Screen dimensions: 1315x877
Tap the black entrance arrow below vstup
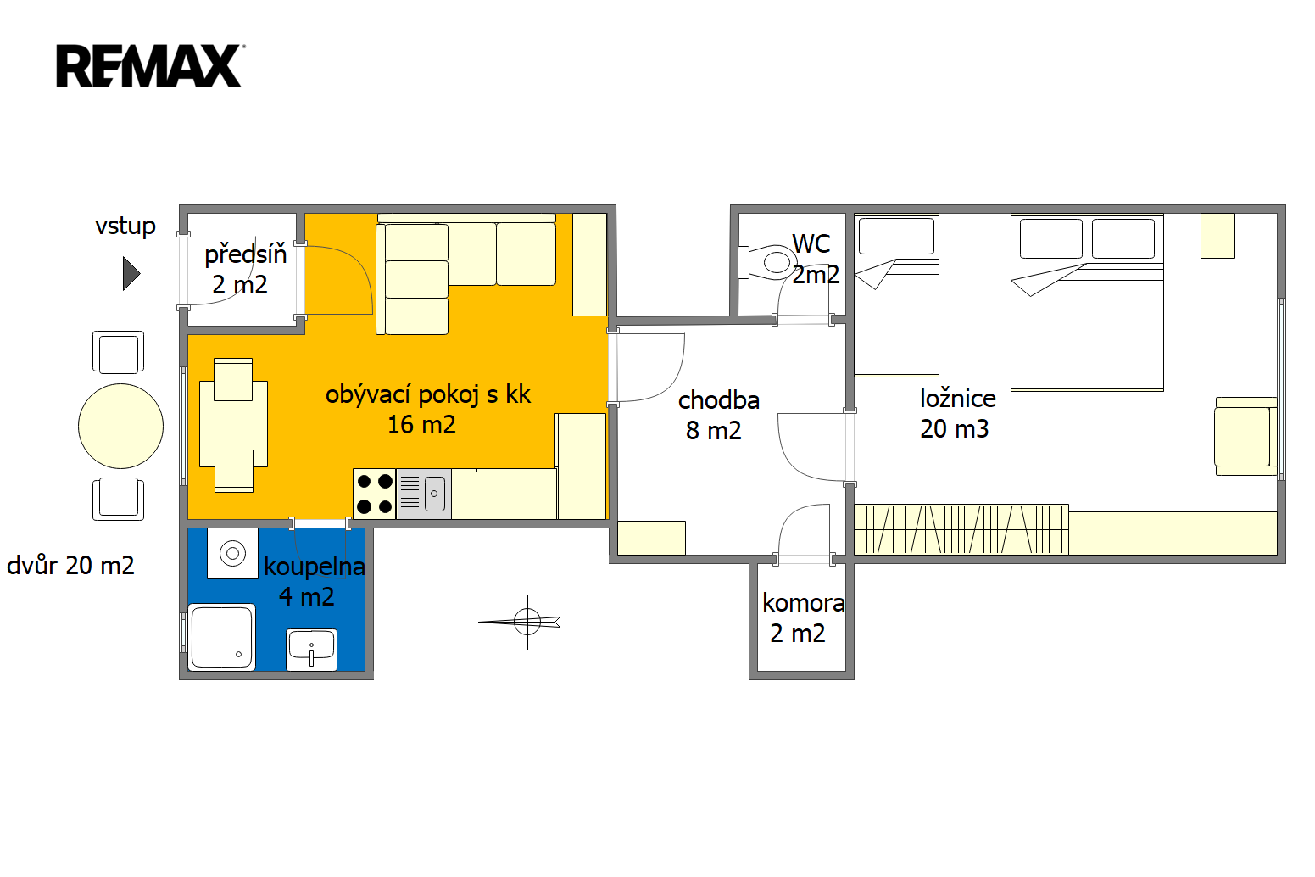coord(131,274)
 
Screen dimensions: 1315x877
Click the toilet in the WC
coord(768,262)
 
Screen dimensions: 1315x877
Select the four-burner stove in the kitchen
coord(375,494)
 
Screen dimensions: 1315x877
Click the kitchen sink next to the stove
coord(425,494)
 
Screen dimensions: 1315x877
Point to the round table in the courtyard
coord(121,426)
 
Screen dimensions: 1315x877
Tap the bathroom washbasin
coord(312,649)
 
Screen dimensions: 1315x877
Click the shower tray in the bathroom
coord(222,637)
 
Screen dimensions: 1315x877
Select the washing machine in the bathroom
coord(232,553)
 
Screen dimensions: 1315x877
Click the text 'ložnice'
coord(957,399)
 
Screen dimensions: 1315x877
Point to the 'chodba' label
coord(719,400)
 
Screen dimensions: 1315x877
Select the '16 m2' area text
coord(421,425)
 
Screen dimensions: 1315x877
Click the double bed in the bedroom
coord(1087,302)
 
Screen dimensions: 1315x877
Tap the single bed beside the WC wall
coord(896,295)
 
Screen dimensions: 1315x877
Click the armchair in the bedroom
coord(1245,437)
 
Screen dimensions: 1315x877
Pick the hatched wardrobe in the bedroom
coord(961,529)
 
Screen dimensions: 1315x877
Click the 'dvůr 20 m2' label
coord(70,566)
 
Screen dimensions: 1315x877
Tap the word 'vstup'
coord(125,226)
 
